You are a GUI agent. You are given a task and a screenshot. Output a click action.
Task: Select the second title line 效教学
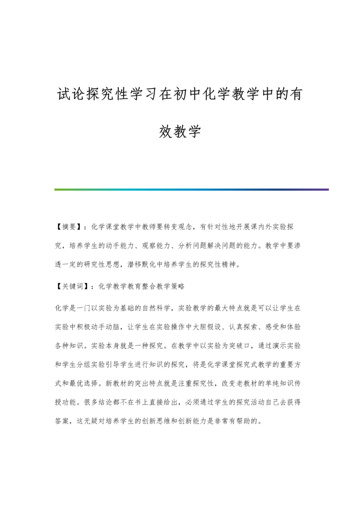tap(180, 131)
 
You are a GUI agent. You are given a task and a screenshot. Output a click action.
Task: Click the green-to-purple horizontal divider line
tap(191, 189)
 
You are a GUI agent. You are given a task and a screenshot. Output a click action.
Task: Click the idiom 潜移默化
tap(154, 265)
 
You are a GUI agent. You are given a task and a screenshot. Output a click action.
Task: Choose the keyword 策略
tap(178, 285)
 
